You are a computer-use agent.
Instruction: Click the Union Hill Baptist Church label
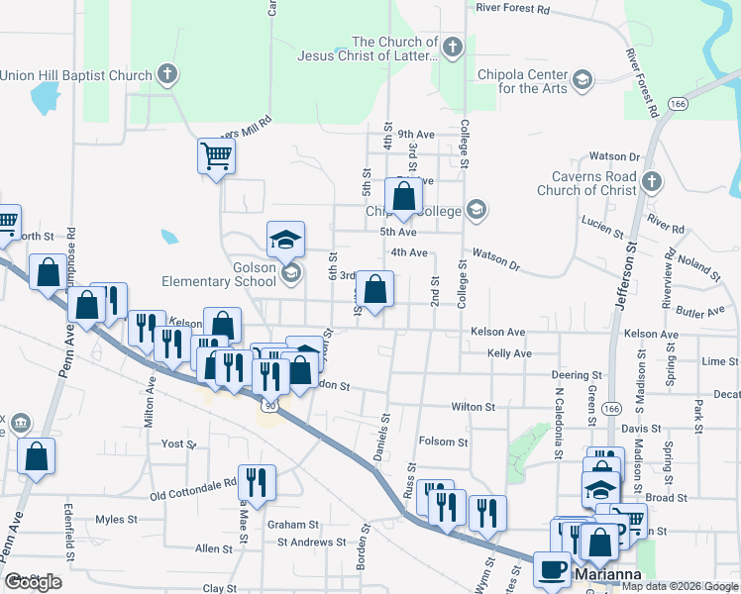pyautogui.click(x=76, y=75)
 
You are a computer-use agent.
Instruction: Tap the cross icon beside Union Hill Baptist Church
pyautogui.click(x=167, y=74)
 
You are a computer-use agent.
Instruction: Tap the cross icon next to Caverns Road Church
pyautogui.click(x=651, y=181)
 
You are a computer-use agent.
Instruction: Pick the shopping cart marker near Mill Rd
pyautogui.click(x=216, y=154)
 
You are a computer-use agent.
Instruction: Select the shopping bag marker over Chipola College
pyautogui.click(x=404, y=196)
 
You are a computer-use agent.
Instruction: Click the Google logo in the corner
pyautogui.click(x=33, y=582)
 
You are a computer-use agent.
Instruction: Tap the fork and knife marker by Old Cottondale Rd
pyautogui.click(x=257, y=482)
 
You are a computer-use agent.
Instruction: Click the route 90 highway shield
pyautogui.click(x=269, y=406)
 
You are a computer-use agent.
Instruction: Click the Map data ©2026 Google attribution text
pyautogui.click(x=681, y=586)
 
